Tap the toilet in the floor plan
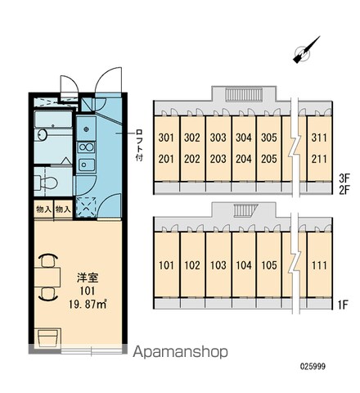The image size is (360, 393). (46, 182)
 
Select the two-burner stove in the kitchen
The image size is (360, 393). (86, 147)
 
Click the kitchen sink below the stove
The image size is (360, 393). (87, 165)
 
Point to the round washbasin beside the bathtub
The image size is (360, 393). (43, 134)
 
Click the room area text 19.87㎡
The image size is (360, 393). (88, 305)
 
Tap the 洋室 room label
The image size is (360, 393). (88, 278)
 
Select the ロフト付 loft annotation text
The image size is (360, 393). (139, 146)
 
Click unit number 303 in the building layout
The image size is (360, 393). (218, 138)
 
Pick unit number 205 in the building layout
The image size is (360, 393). (269, 159)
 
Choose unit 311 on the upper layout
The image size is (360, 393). (319, 138)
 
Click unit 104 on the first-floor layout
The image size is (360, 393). (244, 265)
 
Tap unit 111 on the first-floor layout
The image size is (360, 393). (319, 265)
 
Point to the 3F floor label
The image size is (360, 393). (344, 178)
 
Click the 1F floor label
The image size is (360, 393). (343, 305)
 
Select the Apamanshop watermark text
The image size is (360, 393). (180, 352)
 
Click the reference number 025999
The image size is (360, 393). (313, 366)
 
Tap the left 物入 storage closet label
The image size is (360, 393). (44, 210)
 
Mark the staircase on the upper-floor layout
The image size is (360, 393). (244, 95)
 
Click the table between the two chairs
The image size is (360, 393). (47, 277)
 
